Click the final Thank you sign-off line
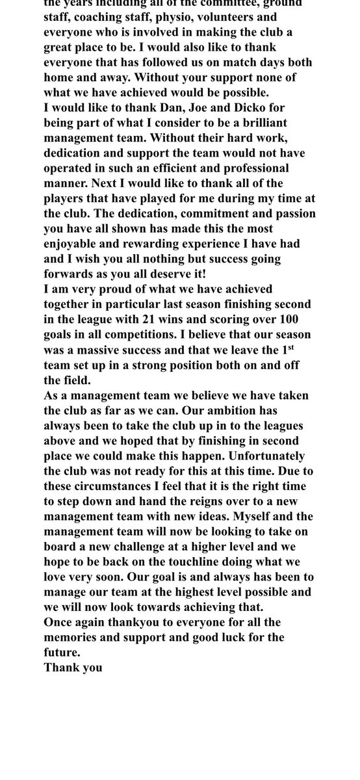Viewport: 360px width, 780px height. pyautogui.click(x=73, y=667)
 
